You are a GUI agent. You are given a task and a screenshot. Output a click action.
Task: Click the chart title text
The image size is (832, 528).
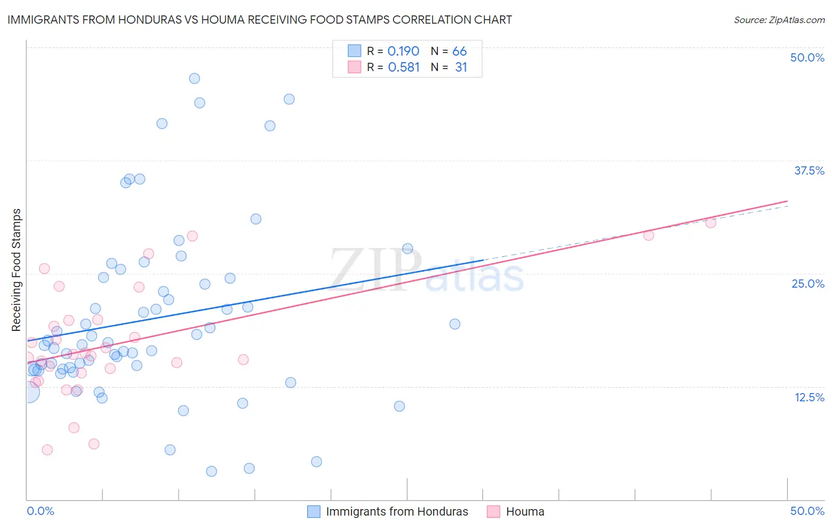pos(259,20)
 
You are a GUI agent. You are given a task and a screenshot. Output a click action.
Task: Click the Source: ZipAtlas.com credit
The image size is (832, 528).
pos(779,20)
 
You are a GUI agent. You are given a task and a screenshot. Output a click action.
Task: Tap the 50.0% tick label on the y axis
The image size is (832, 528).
pos(807,57)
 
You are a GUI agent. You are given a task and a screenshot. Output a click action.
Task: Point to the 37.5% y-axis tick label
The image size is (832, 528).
pos(809,170)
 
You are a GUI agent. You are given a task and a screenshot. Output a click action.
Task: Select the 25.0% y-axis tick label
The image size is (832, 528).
pos(808,284)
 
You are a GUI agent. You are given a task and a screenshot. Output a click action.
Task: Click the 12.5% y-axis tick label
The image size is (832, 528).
pos(809,397)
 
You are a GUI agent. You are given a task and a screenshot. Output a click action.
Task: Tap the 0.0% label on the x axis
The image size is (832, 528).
pos(40,511)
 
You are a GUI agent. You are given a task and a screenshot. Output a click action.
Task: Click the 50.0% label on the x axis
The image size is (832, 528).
pos(807,511)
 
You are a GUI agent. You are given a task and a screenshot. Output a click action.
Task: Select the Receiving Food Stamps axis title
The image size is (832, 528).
pos(17,270)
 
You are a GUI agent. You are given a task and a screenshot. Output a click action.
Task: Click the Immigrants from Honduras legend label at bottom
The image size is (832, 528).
pos(396,511)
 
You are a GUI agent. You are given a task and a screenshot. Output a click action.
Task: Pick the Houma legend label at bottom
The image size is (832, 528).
pos(525,511)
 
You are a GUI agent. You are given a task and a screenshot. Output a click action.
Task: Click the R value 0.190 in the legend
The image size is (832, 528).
pos(403,51)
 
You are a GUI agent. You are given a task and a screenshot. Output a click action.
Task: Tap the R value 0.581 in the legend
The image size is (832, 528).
pos(404,67)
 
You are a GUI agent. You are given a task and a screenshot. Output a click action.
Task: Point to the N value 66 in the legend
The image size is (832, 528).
pos(459,51)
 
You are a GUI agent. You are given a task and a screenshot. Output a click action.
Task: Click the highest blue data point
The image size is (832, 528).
pos(194,79)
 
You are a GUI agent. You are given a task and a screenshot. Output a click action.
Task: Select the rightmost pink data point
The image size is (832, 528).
pos(711,223)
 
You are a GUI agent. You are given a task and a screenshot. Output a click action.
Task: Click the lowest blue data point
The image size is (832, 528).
pos(211,471)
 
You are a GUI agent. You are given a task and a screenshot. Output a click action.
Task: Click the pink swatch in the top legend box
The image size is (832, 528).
pos(354,67)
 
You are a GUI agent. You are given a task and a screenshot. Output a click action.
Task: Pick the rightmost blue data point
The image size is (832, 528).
pos(454,324)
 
